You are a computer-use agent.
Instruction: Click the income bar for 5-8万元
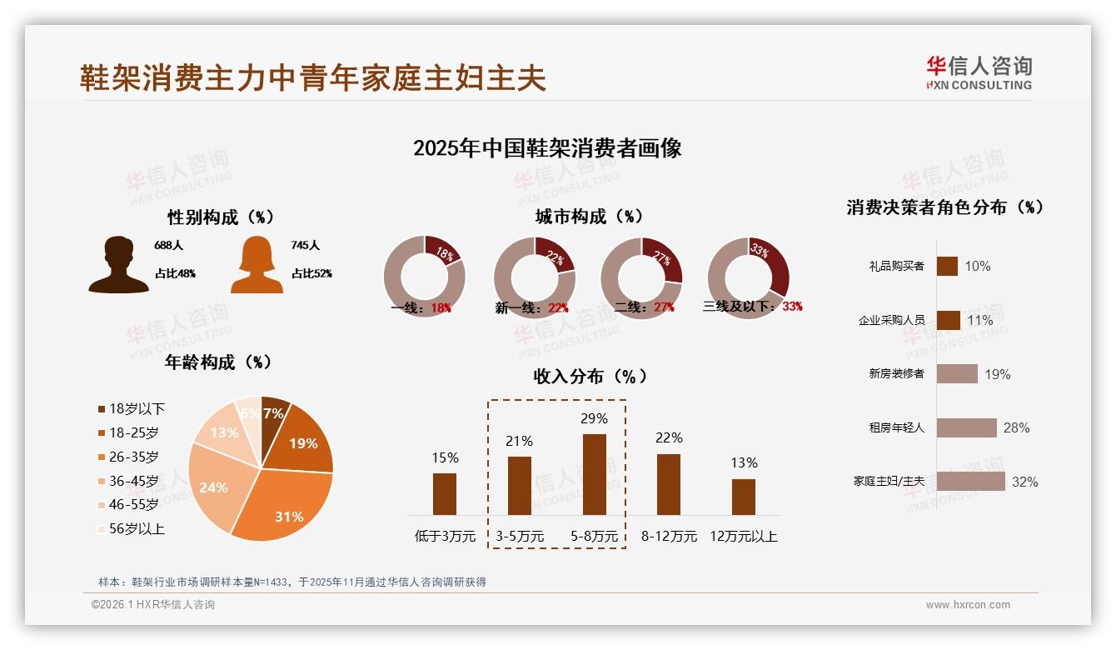coord(594,474)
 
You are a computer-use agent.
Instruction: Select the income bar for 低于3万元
coord(445,494)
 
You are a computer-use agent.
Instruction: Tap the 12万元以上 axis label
coord(744,537)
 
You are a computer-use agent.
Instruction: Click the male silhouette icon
coord(118,265)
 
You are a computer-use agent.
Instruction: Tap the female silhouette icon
coord(257,265)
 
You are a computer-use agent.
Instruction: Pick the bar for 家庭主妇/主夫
coord(970,482)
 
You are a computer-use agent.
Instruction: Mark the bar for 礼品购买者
coord(947,266)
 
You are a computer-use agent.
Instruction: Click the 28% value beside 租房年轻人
coord(1016,427)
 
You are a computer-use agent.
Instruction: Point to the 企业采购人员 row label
coord(891,320)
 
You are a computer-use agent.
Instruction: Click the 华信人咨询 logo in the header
coord(979,72)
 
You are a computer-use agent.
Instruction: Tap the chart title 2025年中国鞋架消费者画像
coord(547,148)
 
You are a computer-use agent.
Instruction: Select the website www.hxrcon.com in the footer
coord(968,605)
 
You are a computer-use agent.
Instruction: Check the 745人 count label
coord(306,246)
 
